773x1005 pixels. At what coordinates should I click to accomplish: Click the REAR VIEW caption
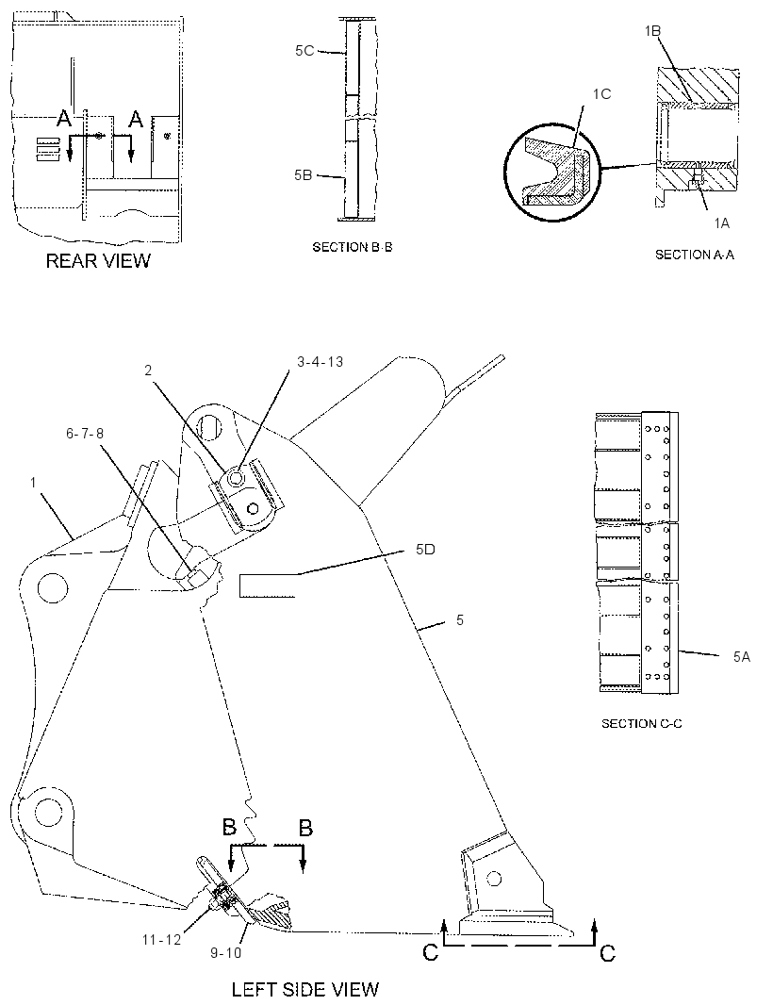pyautogui.click(x=98, y=261)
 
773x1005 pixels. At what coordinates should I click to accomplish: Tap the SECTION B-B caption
pyautogui.click(x=352, y=247)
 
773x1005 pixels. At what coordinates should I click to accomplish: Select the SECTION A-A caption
pyautogui.click(x=694, y=255)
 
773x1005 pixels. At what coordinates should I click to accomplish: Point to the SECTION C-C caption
pyautogui.click(x=641, y=724)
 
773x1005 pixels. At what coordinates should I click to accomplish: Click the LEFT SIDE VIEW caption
pyautogui.click(x=305, y=990)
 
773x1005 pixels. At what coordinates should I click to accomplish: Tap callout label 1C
pyautogui.click(x=601, y=94)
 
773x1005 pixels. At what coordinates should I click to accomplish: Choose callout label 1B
pyautogui.click(x=652, y=31)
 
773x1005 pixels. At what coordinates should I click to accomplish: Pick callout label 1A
pyautogui.click(x=722, y=222)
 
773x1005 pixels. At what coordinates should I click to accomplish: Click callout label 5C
pyautogui.click(x=304, y=51)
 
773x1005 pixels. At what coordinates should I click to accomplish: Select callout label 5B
pyautogui.click(x=304, y=175)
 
